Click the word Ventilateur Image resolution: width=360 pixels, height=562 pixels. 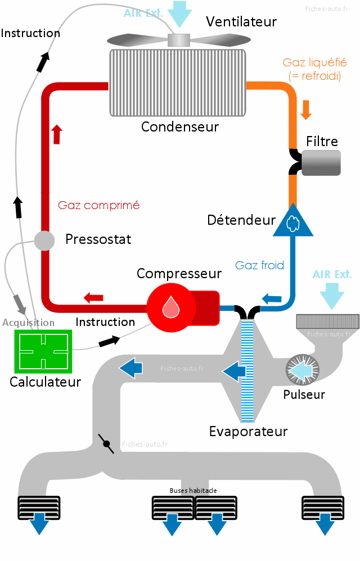pyautogui.click(x=241, y=22)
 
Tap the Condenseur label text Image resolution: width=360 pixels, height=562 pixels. pyautogui.click(x=179, y=126)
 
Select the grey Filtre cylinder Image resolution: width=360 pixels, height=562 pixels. pyautogui.click(x=321, y=162)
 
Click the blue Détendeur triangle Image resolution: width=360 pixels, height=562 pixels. pyautogui.click(x=292, y=222)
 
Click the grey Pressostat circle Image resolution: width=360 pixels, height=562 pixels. pyautogui.click(x=44, y=241)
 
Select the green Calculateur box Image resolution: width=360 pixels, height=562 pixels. pyautogui.click(x=43, y=352)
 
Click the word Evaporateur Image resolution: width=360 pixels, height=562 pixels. pyautogui.click(x=248, y=432)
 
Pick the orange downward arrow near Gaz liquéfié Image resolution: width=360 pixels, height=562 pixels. pyautogui.click(x=306, y=109)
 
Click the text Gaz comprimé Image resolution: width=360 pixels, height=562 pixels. pyautogui.click(x=98, y=205)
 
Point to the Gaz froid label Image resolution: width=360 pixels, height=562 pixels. pyautogui.click(x=260, y=265)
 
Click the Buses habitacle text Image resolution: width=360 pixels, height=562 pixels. pyautogui.click(x=193, y=491)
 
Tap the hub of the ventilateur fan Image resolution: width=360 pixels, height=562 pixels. pyautogui.click(x=179, y=40)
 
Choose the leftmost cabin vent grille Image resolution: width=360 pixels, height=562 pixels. pyautogui.click(x=38, y=507)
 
